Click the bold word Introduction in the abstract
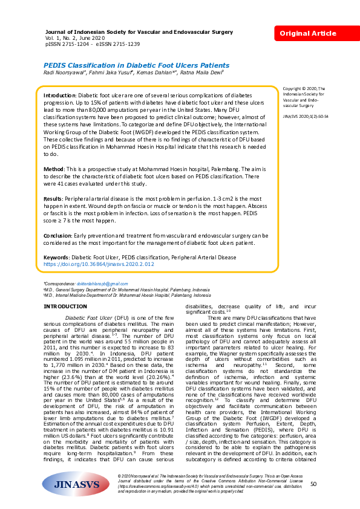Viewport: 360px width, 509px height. click(60, 96)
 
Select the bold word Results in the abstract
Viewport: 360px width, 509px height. click(54, 198)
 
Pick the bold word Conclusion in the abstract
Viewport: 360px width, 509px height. click(58, 235)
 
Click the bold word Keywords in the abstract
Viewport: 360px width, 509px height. click(57, 257)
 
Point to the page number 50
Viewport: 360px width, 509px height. click(313, 484)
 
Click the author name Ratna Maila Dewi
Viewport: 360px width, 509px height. click(204, 72)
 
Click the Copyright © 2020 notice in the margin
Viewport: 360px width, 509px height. click(303, 88)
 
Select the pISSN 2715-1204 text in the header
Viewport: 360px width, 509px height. click(68, 44)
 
